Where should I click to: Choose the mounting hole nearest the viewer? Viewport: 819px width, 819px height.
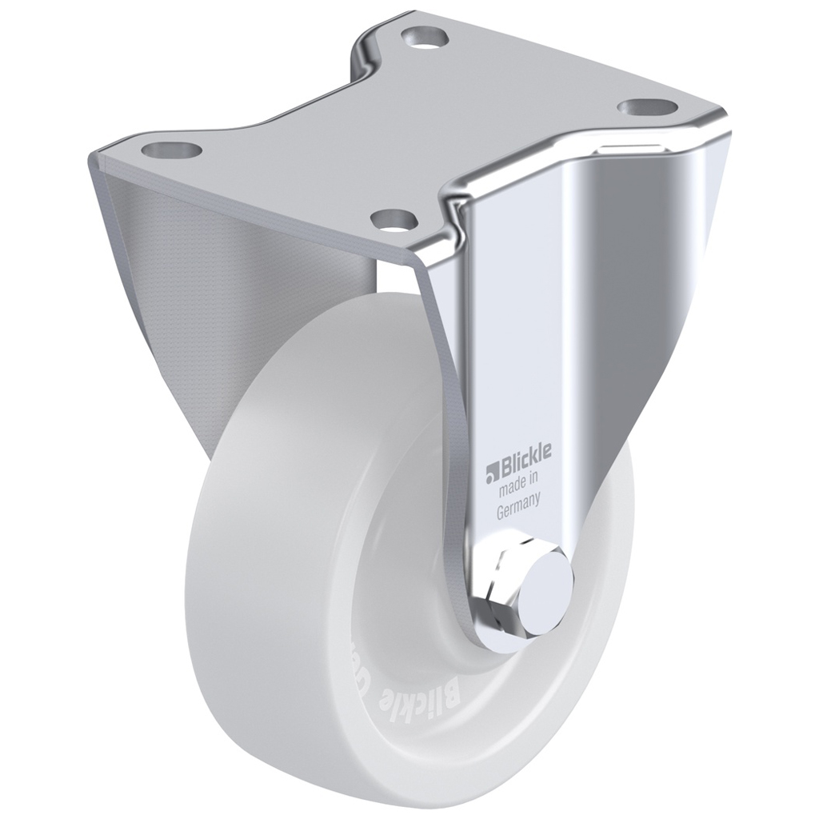click(391, 217)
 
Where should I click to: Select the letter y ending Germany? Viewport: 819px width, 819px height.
click(541, 505)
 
